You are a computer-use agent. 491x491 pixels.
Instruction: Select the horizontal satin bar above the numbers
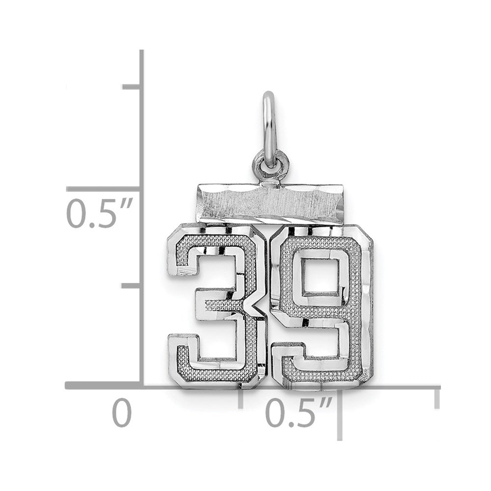pyautogui.click(x=269, y=204)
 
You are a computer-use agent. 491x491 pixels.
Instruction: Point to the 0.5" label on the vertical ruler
pyautogui.click(x=100, y=213)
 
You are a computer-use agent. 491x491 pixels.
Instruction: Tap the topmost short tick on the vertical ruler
pyautogui.click(x=132, y=87)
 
